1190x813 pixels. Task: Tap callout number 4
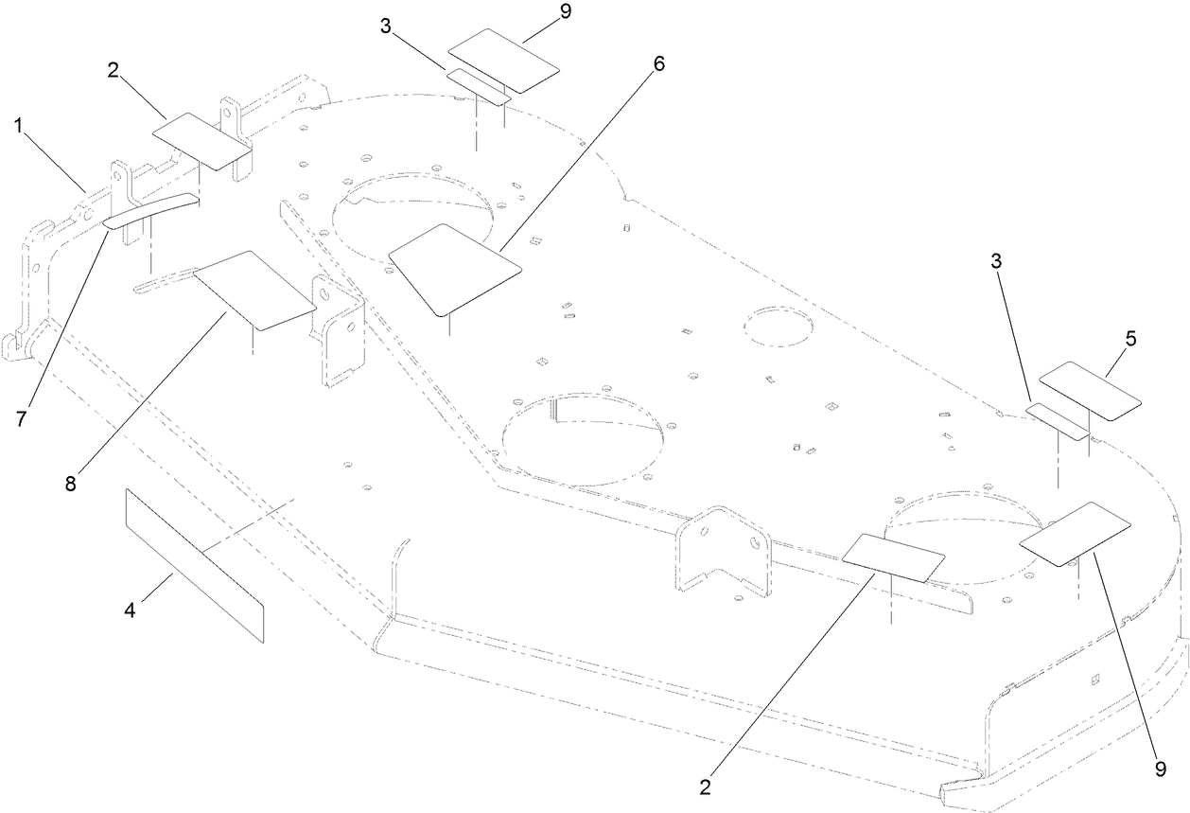[x=131, y=611]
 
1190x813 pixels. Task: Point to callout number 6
[x=658, y=63]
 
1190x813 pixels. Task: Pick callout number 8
[x=70, y=483]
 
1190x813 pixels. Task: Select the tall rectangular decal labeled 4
[x=194, y=564]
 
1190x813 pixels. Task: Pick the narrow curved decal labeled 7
[x=151, y=210]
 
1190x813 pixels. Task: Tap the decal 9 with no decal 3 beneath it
[x=1076, y=536]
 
